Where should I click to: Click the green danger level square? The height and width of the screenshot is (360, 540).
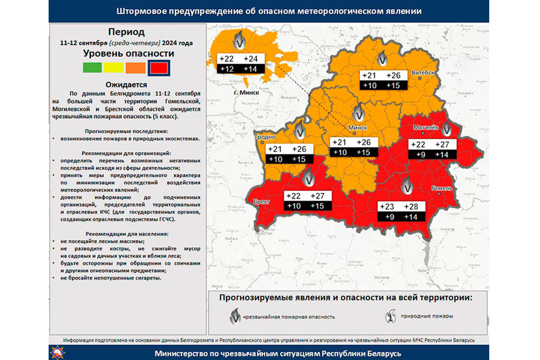pos(91,68)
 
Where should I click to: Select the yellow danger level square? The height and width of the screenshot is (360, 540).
pos(113,68)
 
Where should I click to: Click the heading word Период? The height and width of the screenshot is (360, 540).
pos(126,32)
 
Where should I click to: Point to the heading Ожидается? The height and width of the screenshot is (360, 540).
pos(126,85)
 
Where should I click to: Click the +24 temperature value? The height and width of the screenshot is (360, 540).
pos(252,59)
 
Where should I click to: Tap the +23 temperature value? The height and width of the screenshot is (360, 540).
pos(387,207)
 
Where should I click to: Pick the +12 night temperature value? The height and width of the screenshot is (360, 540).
pos(226,69)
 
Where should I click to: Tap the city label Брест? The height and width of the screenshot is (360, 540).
pos(262,201)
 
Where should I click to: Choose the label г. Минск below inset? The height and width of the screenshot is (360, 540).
pos(246,92)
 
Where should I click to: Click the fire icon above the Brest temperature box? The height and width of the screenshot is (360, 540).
pos(309,178)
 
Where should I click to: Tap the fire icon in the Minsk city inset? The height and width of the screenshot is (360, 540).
pos(239,41)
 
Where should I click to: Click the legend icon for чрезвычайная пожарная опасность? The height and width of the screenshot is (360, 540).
pos(235,316)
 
